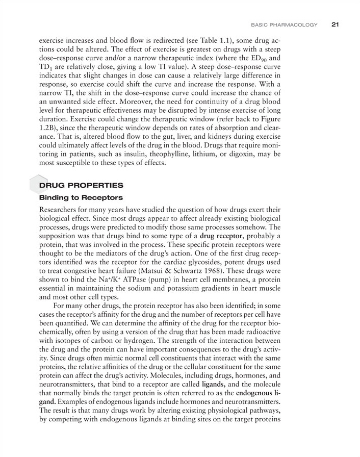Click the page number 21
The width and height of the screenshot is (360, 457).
(335, 24)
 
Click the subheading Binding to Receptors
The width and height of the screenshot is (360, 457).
(81, 197)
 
